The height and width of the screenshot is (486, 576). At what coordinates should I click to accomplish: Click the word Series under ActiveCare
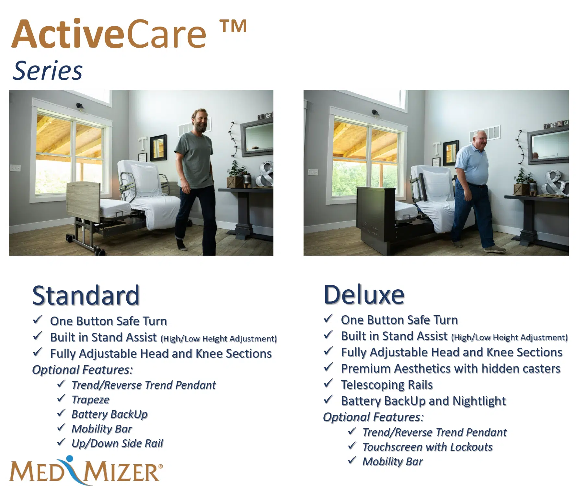48,71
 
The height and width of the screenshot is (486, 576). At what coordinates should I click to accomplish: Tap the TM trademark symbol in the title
233,26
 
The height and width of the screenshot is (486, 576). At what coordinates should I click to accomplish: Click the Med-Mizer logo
86,470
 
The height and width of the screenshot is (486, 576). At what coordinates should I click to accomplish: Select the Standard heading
86,295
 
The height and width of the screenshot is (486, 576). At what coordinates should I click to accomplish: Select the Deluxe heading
364,295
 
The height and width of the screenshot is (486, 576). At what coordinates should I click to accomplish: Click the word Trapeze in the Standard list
91,400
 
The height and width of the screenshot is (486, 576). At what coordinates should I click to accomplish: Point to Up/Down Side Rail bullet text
117,443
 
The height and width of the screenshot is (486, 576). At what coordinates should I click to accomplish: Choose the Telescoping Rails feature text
387,385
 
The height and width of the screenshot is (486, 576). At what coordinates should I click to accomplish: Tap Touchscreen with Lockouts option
428,447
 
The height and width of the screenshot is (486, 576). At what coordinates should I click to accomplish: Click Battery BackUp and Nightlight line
423,401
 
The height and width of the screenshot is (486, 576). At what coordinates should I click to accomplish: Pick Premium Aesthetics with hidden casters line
451,369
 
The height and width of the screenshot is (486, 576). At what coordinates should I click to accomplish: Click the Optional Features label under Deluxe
373,417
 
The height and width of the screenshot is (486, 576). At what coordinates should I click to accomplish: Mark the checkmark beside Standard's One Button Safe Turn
37,320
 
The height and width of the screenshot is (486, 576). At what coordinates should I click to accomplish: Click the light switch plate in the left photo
15,168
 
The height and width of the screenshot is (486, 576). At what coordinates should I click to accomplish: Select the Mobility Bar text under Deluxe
393,462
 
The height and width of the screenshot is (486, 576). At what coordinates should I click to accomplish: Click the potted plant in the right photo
522,182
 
